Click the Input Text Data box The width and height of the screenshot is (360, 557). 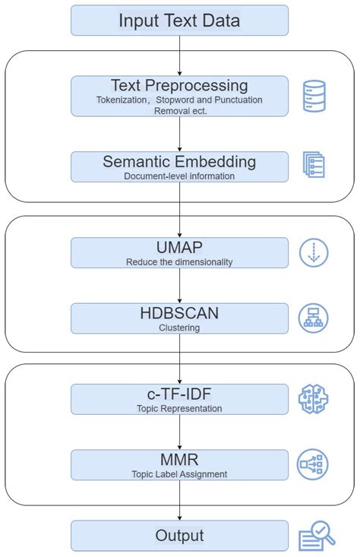click(179, 21)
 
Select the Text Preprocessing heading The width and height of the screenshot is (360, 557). click(179, 85)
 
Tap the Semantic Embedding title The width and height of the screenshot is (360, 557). click(179, 161)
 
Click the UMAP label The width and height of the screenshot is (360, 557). click(179, 247)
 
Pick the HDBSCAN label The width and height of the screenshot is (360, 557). click(179, 313)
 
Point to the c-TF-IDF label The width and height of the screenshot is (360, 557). click(179, 394)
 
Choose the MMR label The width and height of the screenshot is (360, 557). click(179, 459)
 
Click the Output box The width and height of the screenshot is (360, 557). click(179, 536)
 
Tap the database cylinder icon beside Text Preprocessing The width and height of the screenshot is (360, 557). click(314, 96)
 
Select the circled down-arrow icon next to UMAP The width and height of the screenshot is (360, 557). click(314, 253)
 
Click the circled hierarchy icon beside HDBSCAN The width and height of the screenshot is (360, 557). click(314, 318)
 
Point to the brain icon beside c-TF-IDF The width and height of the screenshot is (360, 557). click(314, 399)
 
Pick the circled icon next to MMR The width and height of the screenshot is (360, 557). click(314, 464)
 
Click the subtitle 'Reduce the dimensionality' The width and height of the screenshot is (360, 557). click(179, 262)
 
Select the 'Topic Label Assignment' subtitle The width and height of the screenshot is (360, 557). click(179, 474)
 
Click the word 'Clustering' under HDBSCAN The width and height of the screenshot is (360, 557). click(179, 328)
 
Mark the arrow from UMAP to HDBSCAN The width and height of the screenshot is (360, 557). click(179, 286)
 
